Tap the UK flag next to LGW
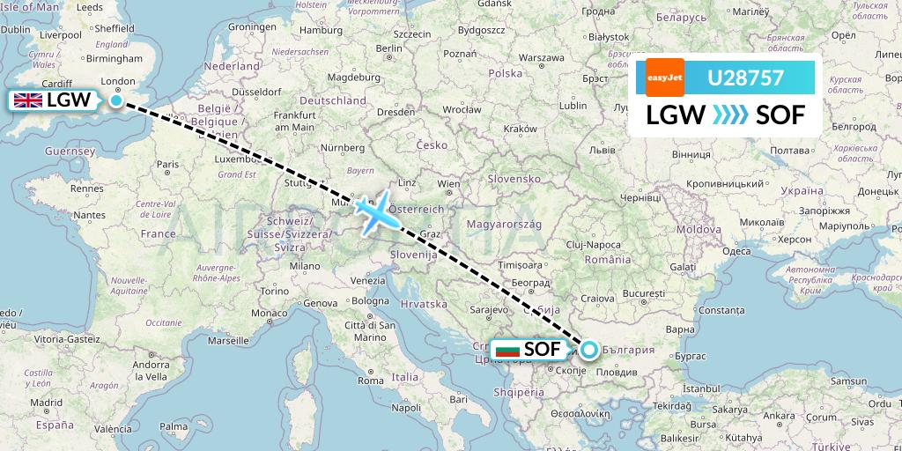(x=27, y=100)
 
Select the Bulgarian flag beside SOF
(x=507, y=350)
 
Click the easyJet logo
(x=664, y=78)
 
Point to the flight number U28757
(x=746, y=78)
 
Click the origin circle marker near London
(x=115, y=100)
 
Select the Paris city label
(x=168, y=164)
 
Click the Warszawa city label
(x=541, y=57)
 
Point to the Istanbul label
(x=700, y=388)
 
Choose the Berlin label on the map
(x=389, y=48)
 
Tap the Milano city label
(x=305, y=265)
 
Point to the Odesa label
(x=736, y=251)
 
